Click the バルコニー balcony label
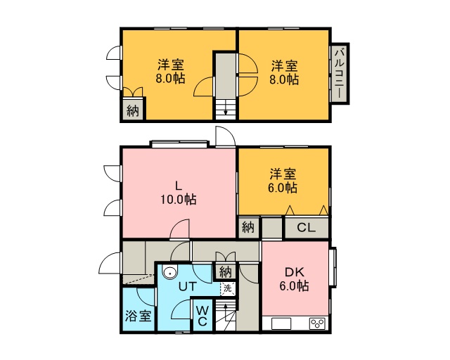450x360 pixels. pos(340,74)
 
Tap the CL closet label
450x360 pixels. pos(307,228)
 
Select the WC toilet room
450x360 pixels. pos(202,316)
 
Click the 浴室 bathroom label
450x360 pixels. pos(138,316)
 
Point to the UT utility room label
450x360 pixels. pos(188,286)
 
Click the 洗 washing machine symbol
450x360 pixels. pos(228,288)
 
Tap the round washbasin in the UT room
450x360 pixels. pos(170,271)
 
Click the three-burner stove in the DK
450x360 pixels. pos(317,323)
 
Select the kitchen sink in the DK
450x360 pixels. pos(281,323)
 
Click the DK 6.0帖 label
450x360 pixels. pos(294,278)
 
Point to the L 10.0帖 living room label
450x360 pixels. pos(178,193)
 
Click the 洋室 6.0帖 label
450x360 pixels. pos(283,181)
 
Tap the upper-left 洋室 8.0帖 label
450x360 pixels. pos(170,72)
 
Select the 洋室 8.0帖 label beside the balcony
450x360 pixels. pos(284,72)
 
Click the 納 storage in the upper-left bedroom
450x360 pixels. pos(133,110)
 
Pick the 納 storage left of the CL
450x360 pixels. pos(248,227)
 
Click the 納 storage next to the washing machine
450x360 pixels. pos(226,271)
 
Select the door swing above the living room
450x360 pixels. pos(226,136)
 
